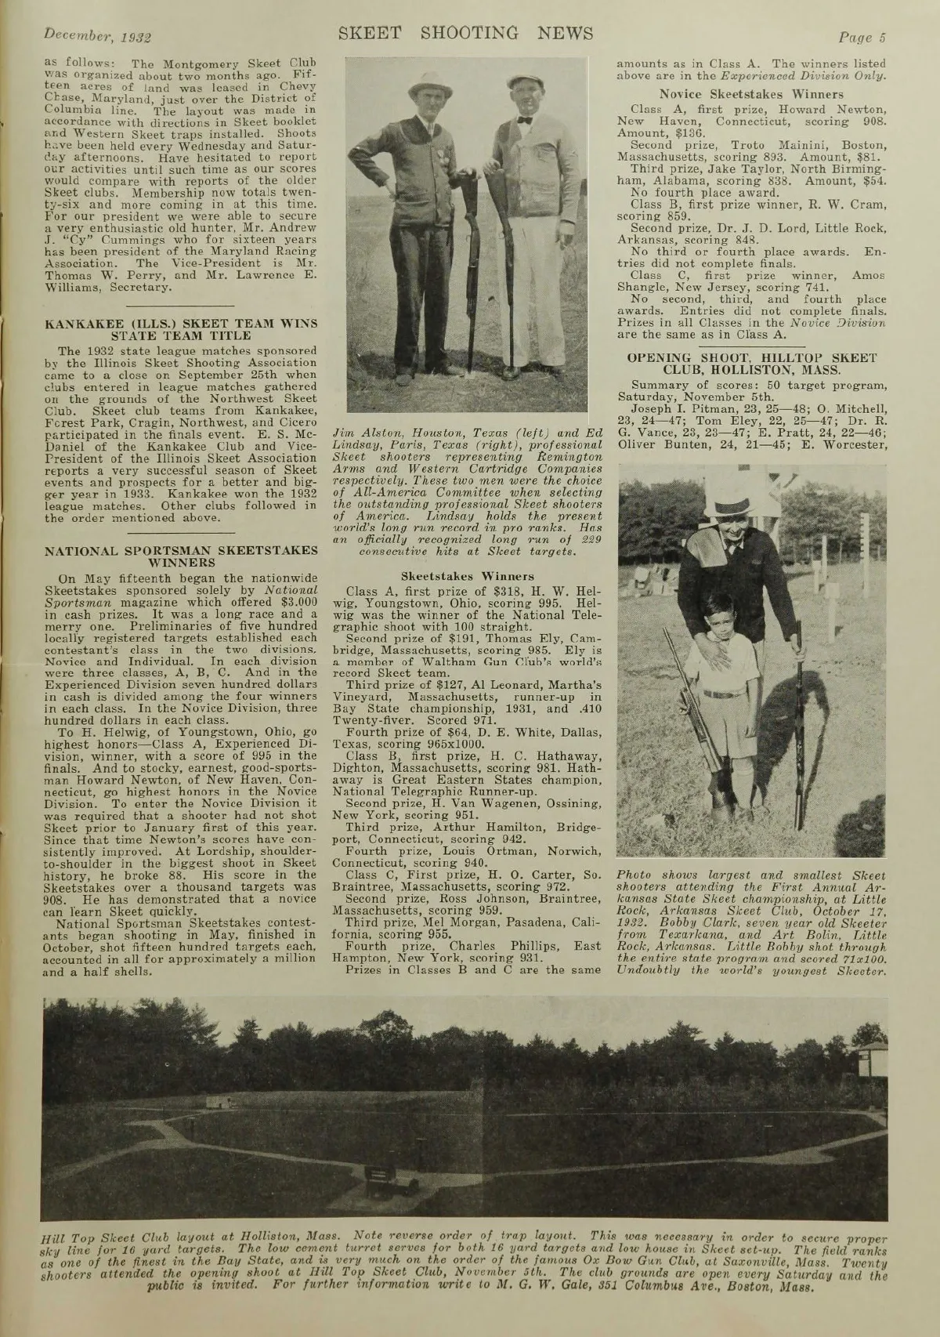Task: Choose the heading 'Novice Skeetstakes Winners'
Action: point(751,93)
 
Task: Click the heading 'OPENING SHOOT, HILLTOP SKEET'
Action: point(751,357)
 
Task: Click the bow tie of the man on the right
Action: point(525,121)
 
